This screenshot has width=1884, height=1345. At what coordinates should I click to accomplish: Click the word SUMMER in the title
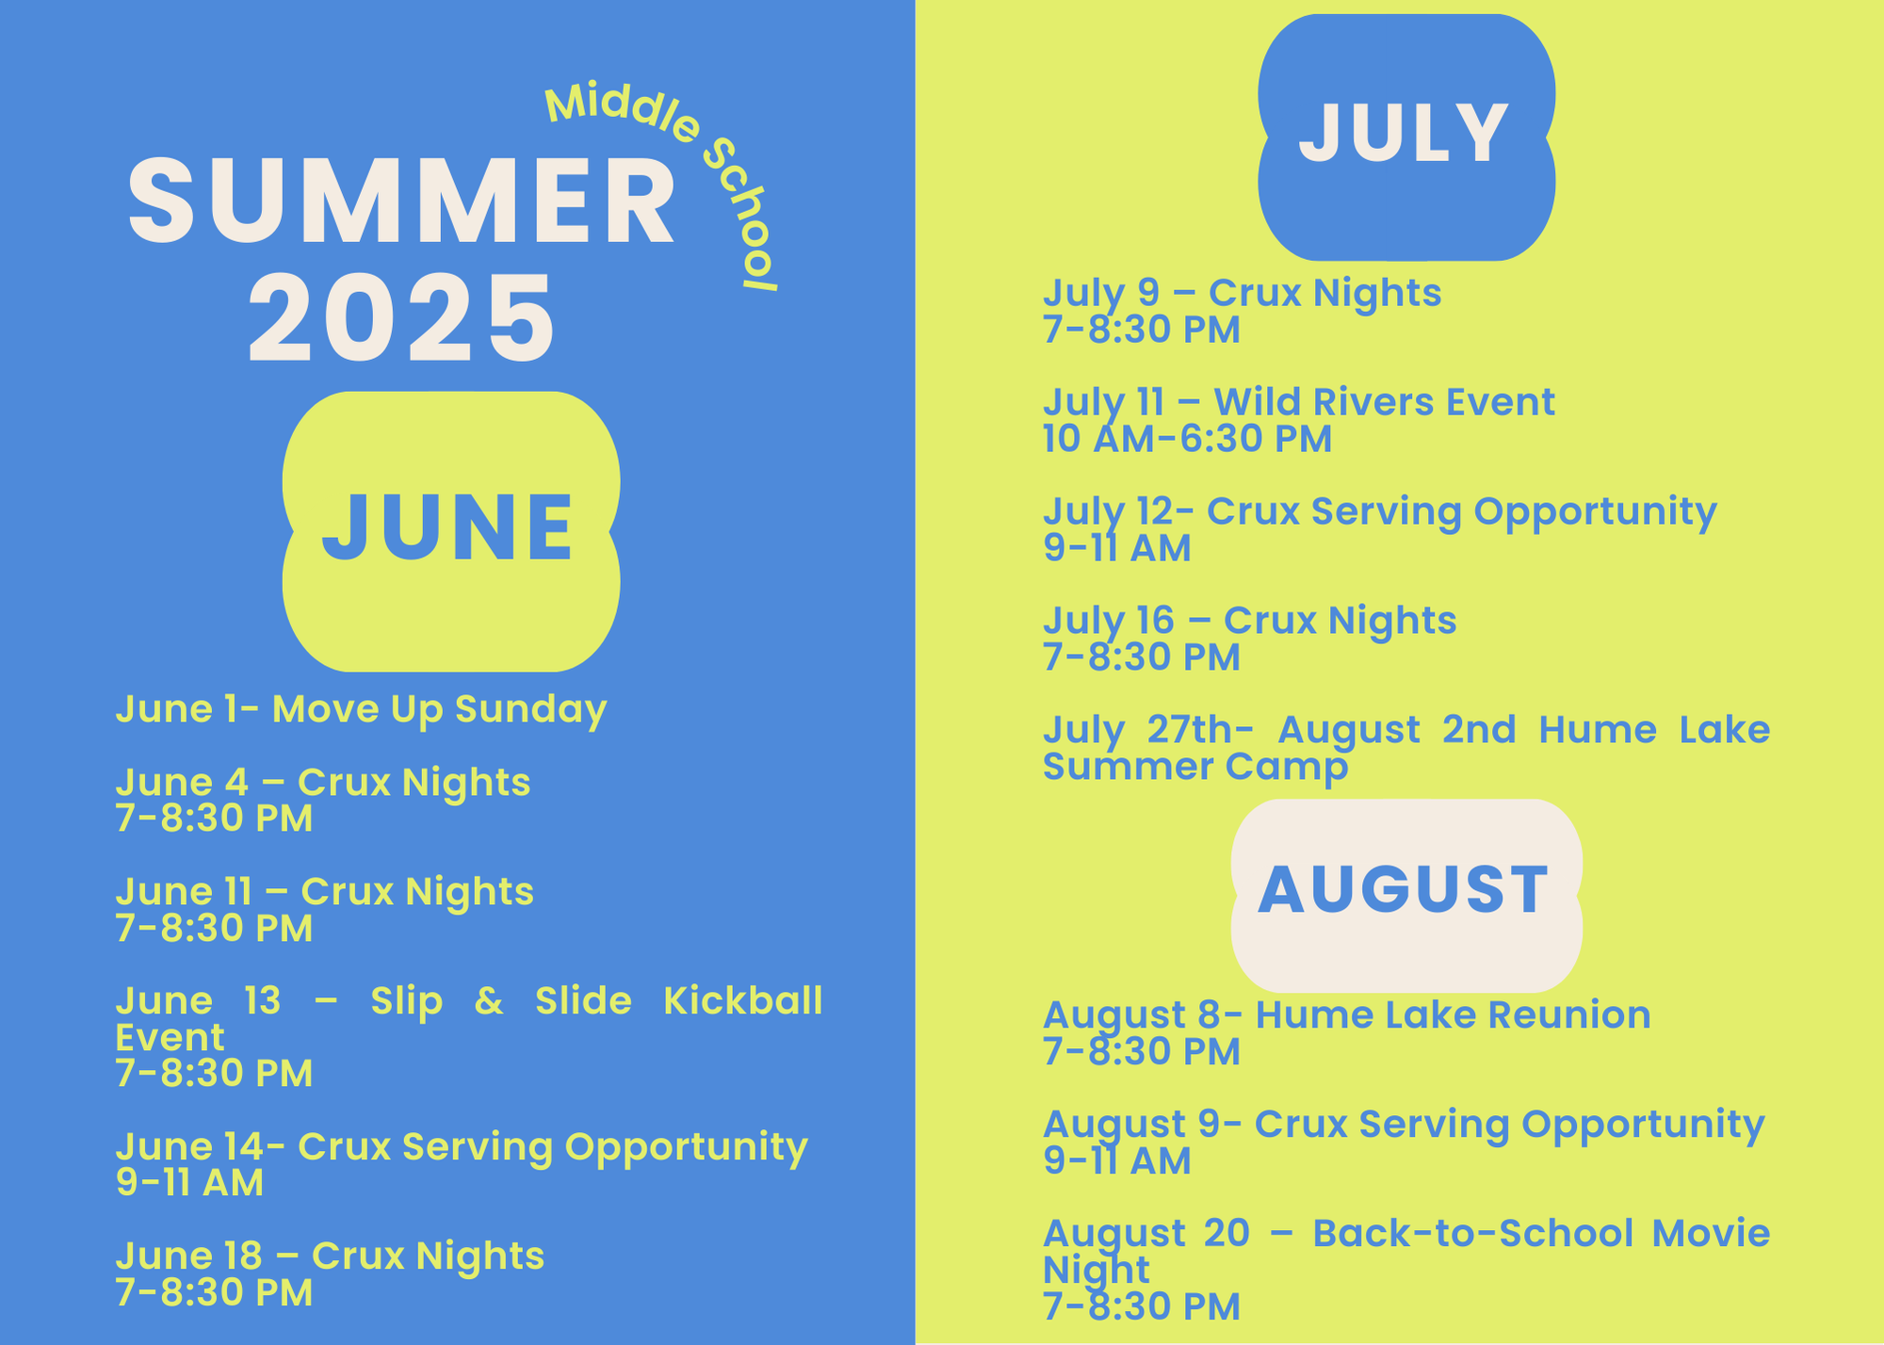pyautogui.click(x=402, y=201)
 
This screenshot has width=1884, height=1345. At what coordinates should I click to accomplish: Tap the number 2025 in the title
pyautogui.click(x=401, y=317)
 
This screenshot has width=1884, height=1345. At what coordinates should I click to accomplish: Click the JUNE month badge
pyautogui.click(x=451, y=531)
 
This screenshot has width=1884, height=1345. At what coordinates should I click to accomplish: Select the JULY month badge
pyautogui.click(x=1406, y=137)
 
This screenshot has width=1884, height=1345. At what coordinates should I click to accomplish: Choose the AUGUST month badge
pyautogui.click(x=1406, y=895)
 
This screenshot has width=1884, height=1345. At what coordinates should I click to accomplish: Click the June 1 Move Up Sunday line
pyautogui.click(x=361, y=710)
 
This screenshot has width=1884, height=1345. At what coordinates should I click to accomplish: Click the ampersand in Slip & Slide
pyautogui.click(x=489, y=1000)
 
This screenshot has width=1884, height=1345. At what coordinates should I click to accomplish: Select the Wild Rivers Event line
pyautogui.click(x=1299, y=403)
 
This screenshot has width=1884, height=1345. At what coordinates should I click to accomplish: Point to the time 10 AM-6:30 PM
pyautogui.click(x=1187, y=439)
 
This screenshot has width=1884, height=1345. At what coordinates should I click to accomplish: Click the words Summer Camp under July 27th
pyautogui.click(x=1195, y=768)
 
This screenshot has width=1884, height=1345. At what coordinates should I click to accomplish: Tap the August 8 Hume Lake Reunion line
pyautogui.click(x=1347, y=1015)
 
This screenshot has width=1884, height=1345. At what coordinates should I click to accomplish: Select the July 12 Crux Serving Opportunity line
pyautogui.click(x=1380, y=512)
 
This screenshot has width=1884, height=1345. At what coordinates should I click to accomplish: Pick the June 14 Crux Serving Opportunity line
pyautogui.click(x=462, y=1148)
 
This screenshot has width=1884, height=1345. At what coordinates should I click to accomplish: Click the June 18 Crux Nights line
pyautogui.click(x=330, y=1256)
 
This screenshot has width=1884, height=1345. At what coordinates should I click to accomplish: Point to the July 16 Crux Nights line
pyautogui.click(x=1250, y=621)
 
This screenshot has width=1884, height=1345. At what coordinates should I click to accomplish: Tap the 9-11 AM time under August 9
pyautogui.click(x=1117, y=1161)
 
